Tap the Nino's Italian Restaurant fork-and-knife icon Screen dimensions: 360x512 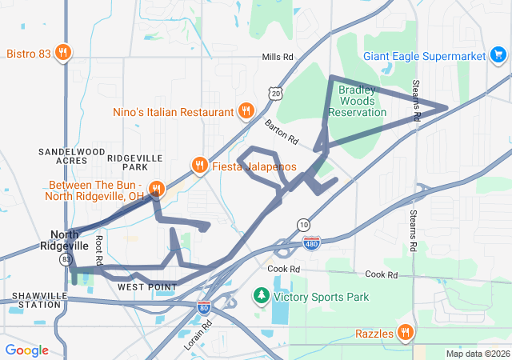246,112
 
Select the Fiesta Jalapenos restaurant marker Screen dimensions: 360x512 199,166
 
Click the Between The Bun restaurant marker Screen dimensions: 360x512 157,189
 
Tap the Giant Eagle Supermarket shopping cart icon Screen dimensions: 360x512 498,56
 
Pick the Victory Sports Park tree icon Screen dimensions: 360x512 262,297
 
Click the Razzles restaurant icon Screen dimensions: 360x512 406,332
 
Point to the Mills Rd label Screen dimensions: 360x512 278,58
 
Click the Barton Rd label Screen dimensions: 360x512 281,132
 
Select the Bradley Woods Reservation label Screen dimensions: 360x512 362,101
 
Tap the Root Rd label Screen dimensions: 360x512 98,250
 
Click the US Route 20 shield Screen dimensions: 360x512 276,94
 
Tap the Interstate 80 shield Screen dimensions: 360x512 205,306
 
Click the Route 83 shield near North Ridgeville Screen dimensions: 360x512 66,260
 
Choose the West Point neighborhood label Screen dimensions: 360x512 146,286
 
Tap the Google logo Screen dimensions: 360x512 26,350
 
